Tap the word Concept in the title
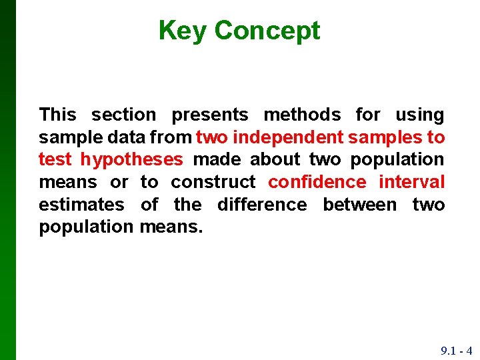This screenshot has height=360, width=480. pos(267,31)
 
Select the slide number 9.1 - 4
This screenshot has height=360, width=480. pos(456,351)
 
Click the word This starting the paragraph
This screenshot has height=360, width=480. pos(58,115)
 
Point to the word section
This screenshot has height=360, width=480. pos(123,115)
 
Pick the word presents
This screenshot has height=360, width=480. pos(209,115)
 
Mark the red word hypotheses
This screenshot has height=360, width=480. pos(131,160)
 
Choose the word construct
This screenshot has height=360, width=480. pos(213,182)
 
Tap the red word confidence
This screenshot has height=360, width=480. pos(317,182)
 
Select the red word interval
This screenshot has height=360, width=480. pos(411,182)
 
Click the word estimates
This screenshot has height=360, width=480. pos(81,205)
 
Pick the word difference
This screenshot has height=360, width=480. pos(262,205)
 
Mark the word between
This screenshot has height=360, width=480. pos(360,205)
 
